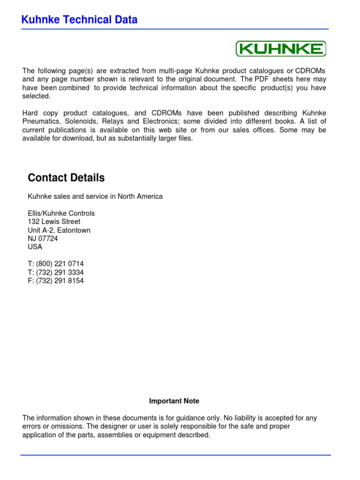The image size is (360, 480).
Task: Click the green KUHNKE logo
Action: [280, 49]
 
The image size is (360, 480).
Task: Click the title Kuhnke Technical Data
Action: [80, 20]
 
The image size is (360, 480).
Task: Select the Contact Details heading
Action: [66, 178]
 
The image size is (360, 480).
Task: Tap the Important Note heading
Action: [174, 401]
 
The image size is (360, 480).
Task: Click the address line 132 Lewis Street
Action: [54, 221]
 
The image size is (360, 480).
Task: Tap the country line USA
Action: [35, 247]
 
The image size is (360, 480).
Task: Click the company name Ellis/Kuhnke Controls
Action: [61, 213]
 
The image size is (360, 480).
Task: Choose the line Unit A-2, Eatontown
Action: [59, 230]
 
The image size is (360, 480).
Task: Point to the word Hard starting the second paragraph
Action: [30, 113]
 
